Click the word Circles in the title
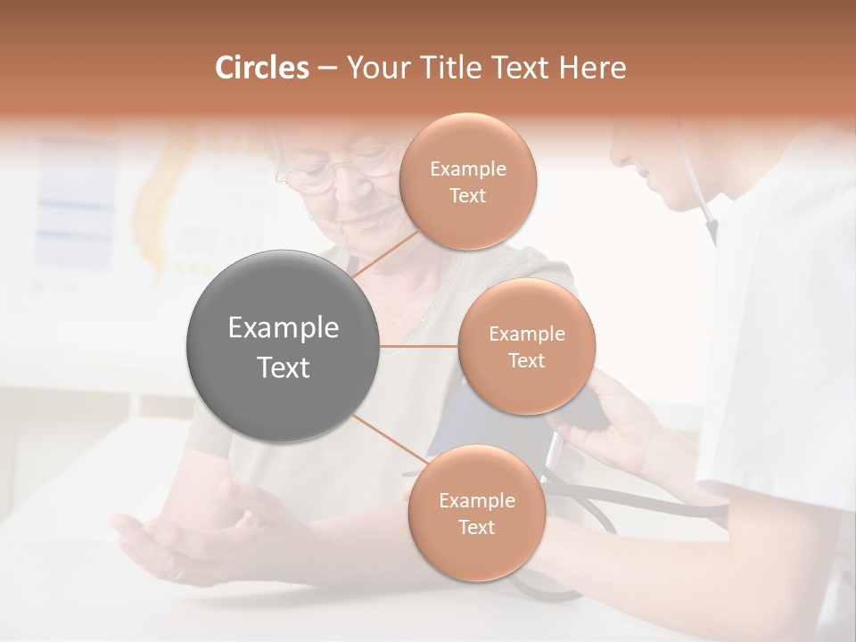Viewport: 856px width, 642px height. coord(261,68)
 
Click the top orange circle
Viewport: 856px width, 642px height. coord(467,182)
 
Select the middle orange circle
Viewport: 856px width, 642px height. coord(526,347)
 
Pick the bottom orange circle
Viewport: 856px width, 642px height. coord(476,514)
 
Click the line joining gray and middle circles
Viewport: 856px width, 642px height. coord(419,347)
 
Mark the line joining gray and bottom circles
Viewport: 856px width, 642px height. coord(389,441)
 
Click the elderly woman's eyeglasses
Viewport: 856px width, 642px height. coord(334,172)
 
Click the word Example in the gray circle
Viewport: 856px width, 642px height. coord(284,328)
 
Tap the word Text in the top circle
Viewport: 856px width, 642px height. coord(467,195)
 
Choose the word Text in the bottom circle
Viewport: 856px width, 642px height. coord(476,527)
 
